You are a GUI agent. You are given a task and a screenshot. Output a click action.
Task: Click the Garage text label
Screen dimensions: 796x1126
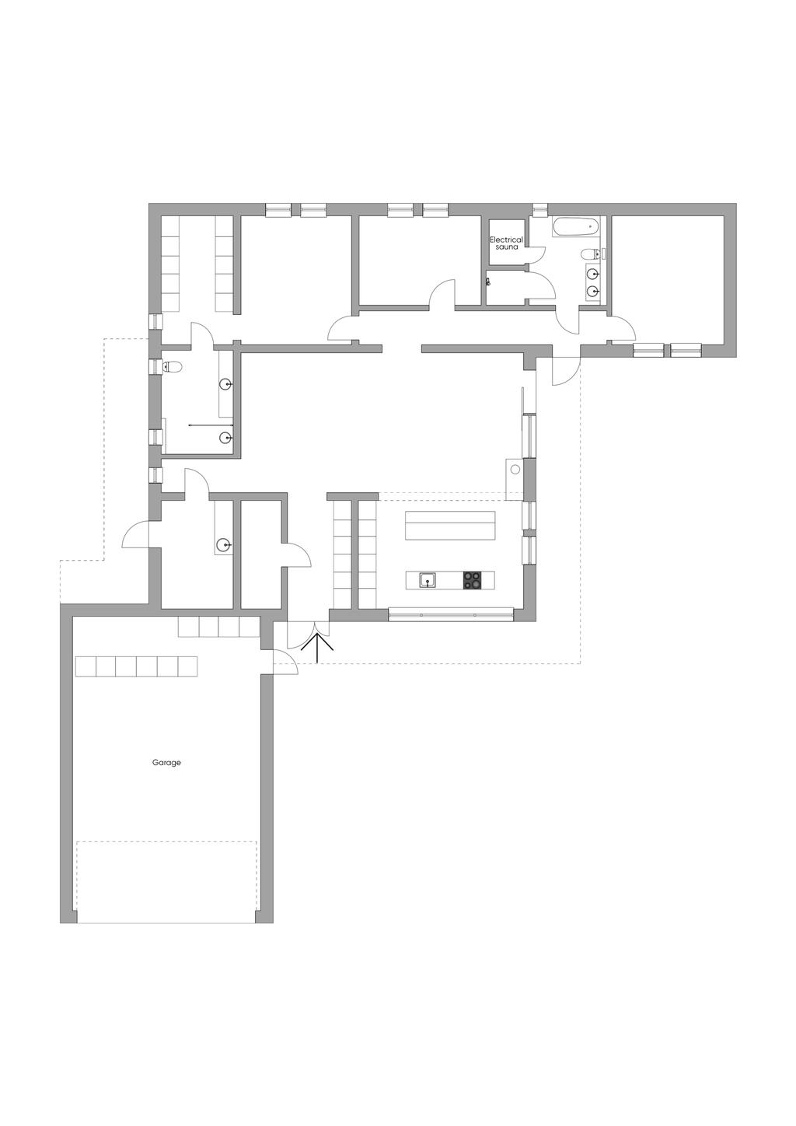tap(166, 762)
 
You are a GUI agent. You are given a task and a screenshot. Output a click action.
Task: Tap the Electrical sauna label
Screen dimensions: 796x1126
tap(506, 243)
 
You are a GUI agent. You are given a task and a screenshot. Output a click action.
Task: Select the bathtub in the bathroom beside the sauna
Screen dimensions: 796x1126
tap(575, 227)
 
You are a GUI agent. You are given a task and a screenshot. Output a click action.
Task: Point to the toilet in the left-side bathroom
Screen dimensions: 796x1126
tap(171, 367)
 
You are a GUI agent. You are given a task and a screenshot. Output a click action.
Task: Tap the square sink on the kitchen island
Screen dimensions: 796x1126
tap(428, 580)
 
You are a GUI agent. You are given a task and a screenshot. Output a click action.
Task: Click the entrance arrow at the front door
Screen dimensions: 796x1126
tap(317, 648)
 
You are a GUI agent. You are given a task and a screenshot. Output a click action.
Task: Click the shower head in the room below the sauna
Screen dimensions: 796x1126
tap(487, 282)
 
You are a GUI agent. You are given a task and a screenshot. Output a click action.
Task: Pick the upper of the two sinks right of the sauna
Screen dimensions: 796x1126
tap(593, 274)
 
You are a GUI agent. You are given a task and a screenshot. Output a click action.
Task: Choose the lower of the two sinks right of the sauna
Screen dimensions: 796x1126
tap(593, 290)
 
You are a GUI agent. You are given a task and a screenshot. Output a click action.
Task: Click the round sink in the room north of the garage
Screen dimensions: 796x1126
tap(223, 544)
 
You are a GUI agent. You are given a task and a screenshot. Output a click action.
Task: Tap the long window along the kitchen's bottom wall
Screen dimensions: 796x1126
tap(452, 614)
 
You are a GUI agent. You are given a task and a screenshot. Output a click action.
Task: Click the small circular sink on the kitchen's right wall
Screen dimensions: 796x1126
tap(515, 470)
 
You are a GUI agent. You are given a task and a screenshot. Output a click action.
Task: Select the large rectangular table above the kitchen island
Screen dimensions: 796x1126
tap(450, 526)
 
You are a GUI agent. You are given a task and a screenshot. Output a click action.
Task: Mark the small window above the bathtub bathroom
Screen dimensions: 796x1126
tap(539, 209)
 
